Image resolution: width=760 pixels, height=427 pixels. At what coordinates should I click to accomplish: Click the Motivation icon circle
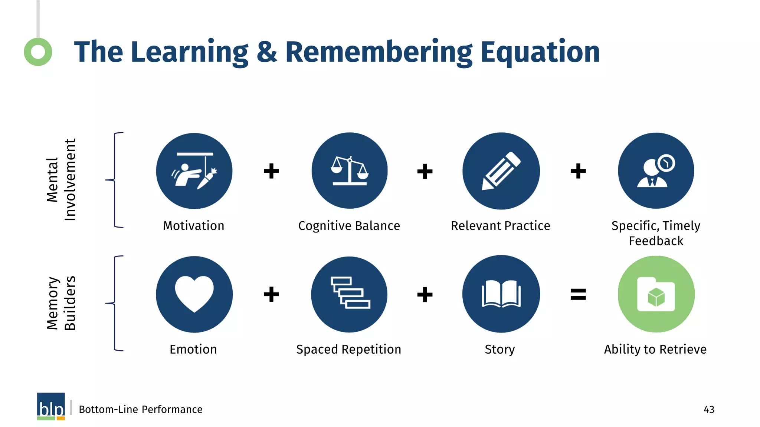point(194,171)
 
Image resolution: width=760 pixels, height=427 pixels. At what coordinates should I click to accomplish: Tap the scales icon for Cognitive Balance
point(349,171)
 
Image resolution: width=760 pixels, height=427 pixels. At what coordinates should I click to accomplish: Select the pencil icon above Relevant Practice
point(501,171)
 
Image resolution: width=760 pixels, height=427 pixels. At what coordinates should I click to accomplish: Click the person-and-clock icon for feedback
point(656,171)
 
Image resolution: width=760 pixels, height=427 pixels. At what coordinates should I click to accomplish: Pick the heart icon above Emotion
point(194,294)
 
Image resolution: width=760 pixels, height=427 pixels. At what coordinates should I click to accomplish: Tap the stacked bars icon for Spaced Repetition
point(349,294)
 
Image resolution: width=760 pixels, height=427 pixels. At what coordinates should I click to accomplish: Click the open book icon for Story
point(501,294)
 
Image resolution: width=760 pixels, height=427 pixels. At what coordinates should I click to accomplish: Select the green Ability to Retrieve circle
point(656,294)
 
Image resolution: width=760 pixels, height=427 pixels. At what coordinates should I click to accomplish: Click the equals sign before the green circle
point(578,294)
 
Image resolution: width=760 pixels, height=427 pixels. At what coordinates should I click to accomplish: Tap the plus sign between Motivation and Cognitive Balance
point(271,171)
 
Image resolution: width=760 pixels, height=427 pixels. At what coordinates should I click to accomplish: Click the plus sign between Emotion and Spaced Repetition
point(271,294)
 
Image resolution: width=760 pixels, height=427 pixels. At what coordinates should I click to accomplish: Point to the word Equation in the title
point(540,52)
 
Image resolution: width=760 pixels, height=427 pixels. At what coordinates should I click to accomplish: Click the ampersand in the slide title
point(266,52)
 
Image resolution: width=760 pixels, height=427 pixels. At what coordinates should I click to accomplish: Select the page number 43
point(709,410)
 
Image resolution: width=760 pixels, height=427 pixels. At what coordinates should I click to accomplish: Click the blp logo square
point(51,406)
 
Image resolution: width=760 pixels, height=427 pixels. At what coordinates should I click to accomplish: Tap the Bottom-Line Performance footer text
point(141,410)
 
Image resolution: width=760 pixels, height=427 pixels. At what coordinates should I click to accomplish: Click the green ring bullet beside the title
point(38,52)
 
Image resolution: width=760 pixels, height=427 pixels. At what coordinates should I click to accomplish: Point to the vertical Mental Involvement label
point(61,180)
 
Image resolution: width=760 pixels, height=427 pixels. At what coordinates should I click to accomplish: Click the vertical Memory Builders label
point(61,303)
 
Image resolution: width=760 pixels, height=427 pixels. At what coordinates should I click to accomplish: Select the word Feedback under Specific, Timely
point(656,241)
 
